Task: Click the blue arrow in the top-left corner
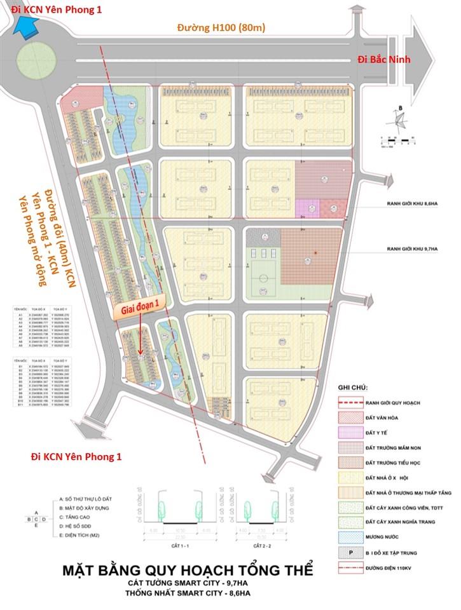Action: (27, 25)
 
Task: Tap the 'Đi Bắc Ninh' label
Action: (384, 60)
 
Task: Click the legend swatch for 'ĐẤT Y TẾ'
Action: (352, 433)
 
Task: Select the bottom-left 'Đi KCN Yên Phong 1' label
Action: (76, 457)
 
